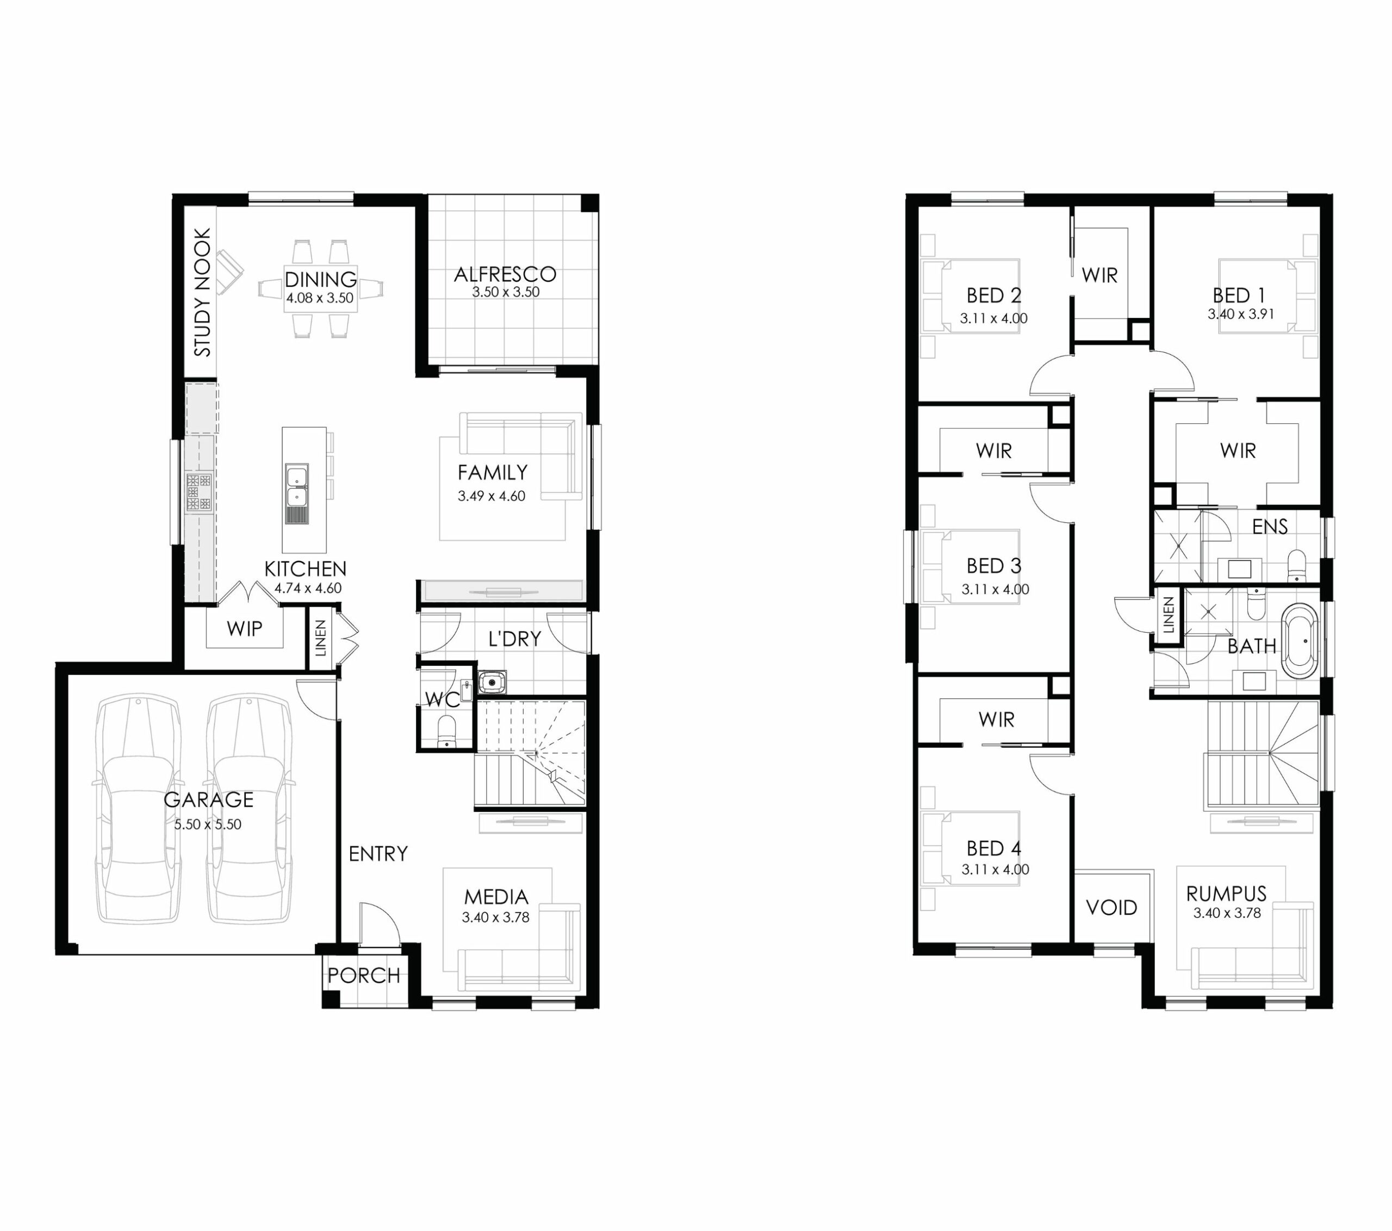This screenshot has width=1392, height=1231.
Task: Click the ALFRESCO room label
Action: pyautogui.click(x=505, y=274)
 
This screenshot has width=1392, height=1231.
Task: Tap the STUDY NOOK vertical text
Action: pyautogui.click(x=202, y=292)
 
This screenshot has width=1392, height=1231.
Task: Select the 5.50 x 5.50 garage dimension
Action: pyautogui.click(x=208, y=824)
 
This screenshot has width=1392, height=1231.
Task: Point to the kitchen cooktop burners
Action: pyautogui.click(x=198, y=491)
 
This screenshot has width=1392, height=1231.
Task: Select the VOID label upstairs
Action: pyautogui.click(x=1111, y=908)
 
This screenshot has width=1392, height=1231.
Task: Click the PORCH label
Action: pyautogui.click(x=364, y=976)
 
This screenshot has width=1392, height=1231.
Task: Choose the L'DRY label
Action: pyautogui.click(x=514, y=639)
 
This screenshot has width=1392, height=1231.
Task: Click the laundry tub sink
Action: pyautogui.click(x=492, y=682)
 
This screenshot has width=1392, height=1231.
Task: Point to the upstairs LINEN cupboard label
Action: pyautogui.click(x=1169, y=615)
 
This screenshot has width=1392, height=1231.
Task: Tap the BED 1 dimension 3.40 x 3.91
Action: pyautogui.click(x=1241, y=314)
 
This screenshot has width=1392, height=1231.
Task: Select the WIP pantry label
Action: pyautogui.click(x=245, y=628)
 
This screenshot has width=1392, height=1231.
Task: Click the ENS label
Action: pyautogui.click(x=1270, y=526)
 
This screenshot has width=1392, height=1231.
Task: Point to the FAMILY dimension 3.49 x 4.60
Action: pyautogui.click(x=491, y=496)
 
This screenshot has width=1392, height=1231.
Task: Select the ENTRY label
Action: pyautogui.click(x=378, y=854)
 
